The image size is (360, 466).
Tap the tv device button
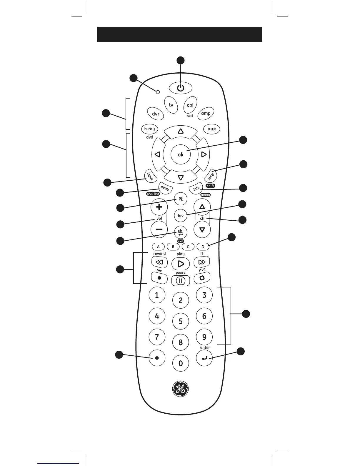click(x=171, y=105)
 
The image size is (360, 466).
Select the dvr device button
click(x=156, y=114)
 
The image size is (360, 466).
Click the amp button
click(x=206, y=113)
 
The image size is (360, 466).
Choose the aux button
click(x=211, y=129)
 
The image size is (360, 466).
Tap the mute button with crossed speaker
click(x=181, y=199)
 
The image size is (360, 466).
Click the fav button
click(x=181, y=216)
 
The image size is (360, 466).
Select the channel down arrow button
click(x=202, y=230)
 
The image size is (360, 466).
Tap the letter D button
click(x=203, y=247)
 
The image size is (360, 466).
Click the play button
click(x=181, y=263)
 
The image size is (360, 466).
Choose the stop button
click(x=202, y=277)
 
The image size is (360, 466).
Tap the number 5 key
click(x=181, y=321)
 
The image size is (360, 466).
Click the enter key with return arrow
click(x=204, y=358)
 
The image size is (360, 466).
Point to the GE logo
click(x=180, y=389)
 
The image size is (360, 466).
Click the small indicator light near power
click(x=158, y=92)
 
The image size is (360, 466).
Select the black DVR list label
click(x=153, y=194)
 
